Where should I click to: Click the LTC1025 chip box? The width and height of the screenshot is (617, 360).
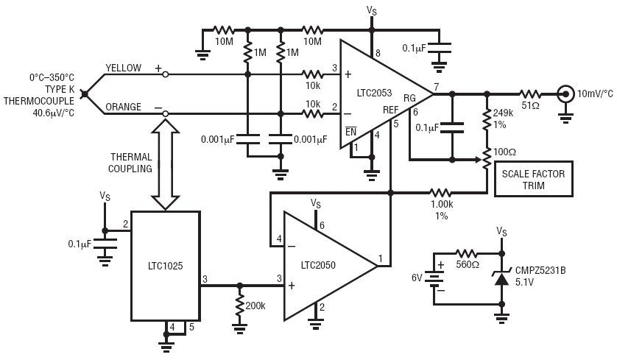pos(165,266)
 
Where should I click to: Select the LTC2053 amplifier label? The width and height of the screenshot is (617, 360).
pos(374,93)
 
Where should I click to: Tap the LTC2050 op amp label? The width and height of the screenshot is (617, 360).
pos(318,265)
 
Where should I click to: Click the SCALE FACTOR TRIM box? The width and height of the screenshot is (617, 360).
pos(533,179)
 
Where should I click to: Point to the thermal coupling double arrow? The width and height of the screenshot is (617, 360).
pos(166,164)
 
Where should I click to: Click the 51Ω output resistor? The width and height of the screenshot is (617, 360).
pos(529,94)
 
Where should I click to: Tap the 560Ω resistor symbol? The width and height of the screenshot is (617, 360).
pos(467,253)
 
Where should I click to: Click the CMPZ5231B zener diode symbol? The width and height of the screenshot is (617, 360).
pos(501,278)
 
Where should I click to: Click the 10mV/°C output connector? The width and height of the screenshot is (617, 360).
pos(565,94)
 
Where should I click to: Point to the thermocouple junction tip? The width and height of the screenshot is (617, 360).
pos(84,94)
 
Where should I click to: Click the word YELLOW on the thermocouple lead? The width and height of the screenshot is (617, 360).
pos(123,68)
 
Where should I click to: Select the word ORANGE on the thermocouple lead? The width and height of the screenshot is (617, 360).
pos(123,107)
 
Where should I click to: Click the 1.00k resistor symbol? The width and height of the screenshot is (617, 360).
pos(440,193)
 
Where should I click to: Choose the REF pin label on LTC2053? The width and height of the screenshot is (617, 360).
pos(391,110)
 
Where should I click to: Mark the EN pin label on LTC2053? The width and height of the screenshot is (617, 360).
pos(350,131)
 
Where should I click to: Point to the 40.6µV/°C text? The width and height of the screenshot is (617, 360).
pos(54,113)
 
